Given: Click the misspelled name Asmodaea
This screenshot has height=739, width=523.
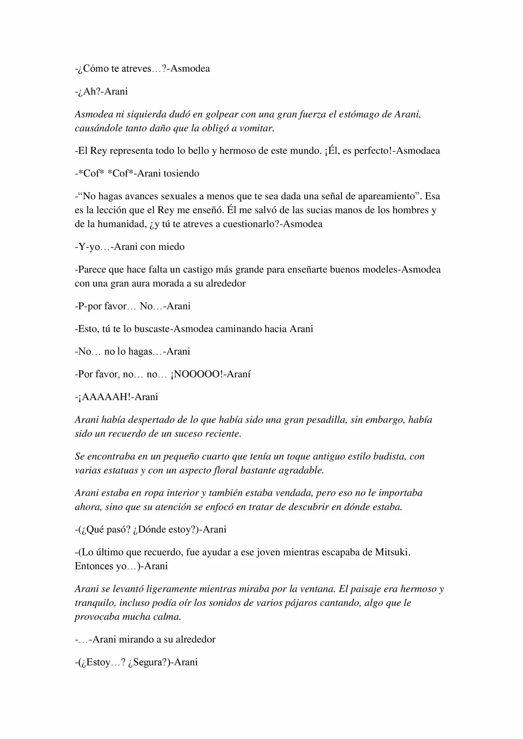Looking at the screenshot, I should [x=418, y=151].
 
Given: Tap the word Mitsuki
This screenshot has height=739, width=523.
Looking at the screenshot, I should [x=392, y=552].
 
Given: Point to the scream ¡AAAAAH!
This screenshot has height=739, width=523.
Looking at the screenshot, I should [x=105, y=397].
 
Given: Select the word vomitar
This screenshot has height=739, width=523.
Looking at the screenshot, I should [x=255, y=128].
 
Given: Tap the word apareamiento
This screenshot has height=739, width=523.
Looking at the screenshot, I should [x=389, y=196].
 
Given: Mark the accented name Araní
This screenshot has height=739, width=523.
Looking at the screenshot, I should [x=237, y=374].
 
